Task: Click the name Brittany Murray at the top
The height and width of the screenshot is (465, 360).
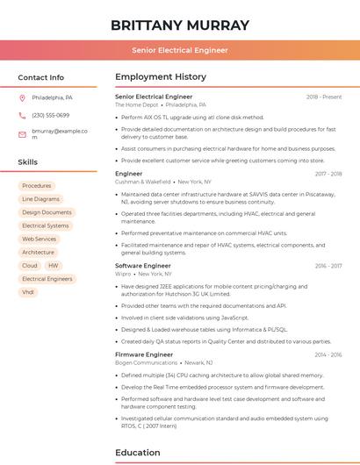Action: click(180, 25)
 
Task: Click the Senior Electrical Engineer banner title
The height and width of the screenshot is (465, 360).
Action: click(180, 51)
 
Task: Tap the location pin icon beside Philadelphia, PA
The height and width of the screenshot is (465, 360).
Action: click(22, 97)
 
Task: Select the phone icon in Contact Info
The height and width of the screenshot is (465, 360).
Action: click(22, 115)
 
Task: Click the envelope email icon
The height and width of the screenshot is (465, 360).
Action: click(22, 133)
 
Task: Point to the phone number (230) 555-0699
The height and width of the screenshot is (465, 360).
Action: click(50, 115)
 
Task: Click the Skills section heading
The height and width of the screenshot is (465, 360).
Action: click(27, 162)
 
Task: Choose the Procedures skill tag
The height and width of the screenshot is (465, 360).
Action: click(37, 186)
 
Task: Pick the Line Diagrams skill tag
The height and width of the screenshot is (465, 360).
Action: click(40, 199)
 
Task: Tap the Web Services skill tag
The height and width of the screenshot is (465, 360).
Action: click(40, 239)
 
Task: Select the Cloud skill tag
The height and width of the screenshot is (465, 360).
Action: click(30, 265)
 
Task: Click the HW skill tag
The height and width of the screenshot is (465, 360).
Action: click(54, 265)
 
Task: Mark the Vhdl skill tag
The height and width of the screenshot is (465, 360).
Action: click(28, 291)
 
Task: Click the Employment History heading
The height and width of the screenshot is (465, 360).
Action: click(161, 76)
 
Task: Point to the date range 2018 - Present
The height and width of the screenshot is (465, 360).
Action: click(324, 97)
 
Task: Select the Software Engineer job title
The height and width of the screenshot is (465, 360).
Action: click(143, 265)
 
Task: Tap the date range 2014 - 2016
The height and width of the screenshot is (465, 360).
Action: click(328, 354)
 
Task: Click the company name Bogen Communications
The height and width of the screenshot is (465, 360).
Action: click(146, 362)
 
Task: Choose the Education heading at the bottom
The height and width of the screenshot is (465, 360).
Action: click(138, 453)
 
